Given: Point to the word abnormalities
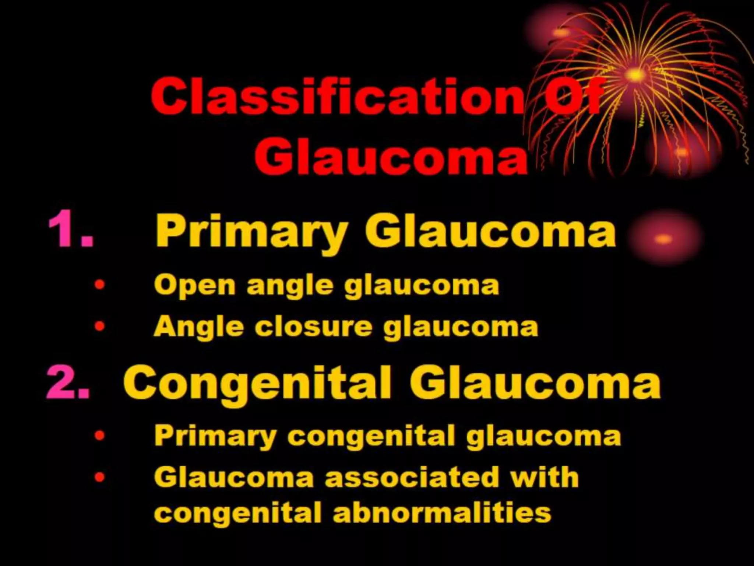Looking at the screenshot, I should point(442,512).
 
